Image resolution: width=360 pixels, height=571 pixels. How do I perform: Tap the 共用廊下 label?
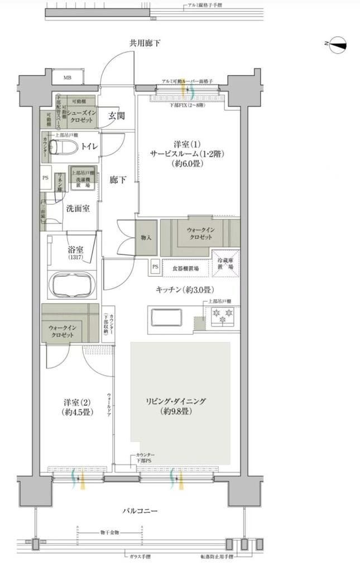pyautogui.click(x=146, y=43)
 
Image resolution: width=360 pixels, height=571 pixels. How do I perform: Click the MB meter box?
pyautogui.click(x=67, y=78)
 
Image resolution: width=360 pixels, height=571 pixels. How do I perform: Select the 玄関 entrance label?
pyautogui.click(x=117, y=116)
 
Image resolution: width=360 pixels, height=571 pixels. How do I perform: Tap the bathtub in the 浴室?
pyautogui.click(x=73, y=286)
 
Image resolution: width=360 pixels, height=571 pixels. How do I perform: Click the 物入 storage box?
pyautogui.click(x=146, y=237)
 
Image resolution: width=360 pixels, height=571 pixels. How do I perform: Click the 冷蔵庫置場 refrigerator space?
pyautogui.click(x=225, y=262)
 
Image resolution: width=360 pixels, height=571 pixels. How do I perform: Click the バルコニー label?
pyautogui.click(x=140, y=511)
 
